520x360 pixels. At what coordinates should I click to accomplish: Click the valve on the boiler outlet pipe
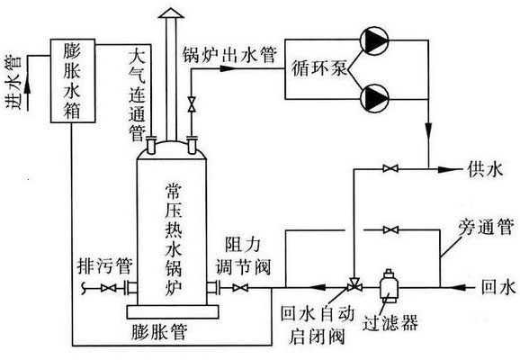pos(190,106)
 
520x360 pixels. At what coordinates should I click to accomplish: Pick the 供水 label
pos(484,169)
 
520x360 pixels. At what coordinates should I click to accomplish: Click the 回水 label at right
pos(496,287)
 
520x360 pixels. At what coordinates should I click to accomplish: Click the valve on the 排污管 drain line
pos(111,288)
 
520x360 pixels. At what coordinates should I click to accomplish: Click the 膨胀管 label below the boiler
pos(165,333)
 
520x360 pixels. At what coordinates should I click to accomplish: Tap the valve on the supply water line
pos(390,168)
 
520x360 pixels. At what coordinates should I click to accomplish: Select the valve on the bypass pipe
pos(390,231)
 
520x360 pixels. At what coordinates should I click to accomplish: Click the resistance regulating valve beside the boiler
pos(238,288)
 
